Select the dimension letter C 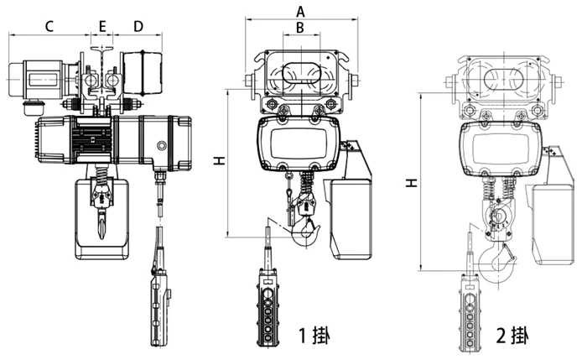(x=49, y=26)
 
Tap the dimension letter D (x=139, y=26)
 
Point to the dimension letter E (x=102, y=26)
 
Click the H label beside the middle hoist (x=218, y=159)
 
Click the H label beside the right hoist (x=410, y=181)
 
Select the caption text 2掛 (x=512, y=337)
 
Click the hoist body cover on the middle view (x=301, y=143)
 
